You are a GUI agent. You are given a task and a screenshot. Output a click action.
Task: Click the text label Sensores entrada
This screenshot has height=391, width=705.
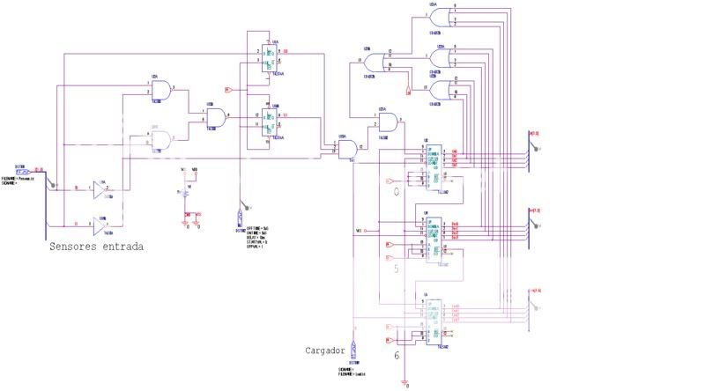click(x=96, y=247)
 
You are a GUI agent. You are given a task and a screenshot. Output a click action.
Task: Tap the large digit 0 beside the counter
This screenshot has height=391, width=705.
click(x=396, y=191)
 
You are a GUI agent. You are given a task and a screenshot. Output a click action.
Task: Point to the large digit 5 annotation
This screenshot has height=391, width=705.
click(x=396, y=269)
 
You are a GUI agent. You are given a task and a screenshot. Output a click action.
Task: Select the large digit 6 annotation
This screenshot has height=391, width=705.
click(x=396, y=355)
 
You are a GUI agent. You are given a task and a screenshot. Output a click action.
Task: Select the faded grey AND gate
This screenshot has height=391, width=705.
click(x=160, y=139)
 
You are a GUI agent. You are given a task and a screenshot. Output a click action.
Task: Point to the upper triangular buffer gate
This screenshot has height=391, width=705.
click(x=103, y=188)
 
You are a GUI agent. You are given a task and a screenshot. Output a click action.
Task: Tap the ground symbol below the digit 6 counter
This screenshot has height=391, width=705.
click(x=404, y=382)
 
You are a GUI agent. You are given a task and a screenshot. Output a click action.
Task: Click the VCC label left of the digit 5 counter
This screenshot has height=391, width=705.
click(x=360, y=231)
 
